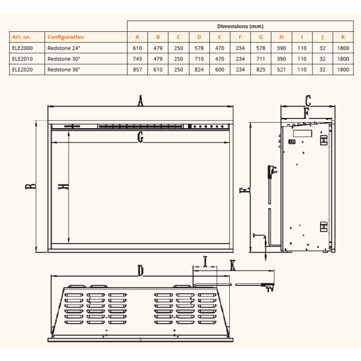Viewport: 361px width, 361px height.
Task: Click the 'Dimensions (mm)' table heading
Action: coord(240,26)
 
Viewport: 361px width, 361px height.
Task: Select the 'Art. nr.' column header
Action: coord(21,37)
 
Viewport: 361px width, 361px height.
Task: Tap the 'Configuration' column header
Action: coord(66,37)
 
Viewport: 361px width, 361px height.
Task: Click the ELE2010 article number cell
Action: coord(22,59)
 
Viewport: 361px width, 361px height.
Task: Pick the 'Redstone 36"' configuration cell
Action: coord(64,70)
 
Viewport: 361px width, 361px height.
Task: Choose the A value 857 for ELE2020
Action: coord(137,70)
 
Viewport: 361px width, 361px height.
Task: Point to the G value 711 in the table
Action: coord(261,59)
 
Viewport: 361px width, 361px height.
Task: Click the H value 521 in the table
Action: coord(281,70)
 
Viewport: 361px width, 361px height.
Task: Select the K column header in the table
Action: coord(343,37)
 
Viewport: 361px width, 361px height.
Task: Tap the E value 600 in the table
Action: coord(220,70)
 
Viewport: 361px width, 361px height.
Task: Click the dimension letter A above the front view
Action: coord(140,100)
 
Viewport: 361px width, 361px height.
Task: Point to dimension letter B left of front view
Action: coord(31,186)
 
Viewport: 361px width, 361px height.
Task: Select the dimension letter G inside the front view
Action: coord(140,137)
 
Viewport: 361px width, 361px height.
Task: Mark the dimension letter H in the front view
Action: coord(64,187)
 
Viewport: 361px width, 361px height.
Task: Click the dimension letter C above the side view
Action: coord(308,100)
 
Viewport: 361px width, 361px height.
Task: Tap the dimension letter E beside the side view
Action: coord(244,190)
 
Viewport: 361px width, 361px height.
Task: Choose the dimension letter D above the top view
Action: coord(140,270)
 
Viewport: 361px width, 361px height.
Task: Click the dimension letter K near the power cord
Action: coord(233,265)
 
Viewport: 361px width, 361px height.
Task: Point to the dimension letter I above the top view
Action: coord(205,261)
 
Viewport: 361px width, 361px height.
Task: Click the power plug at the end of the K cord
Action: coord(268,286)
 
